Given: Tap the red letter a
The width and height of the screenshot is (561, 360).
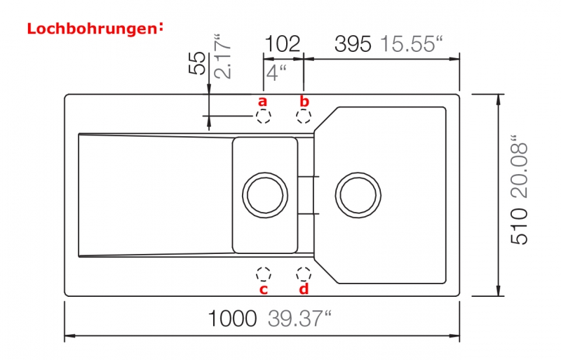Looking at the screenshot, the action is pyautogui.click(x=262, y=101).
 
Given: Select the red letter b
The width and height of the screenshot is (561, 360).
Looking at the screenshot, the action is pyautogui.click(x=304, y=101).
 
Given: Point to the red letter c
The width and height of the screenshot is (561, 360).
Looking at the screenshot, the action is pyautogui.click(x=264, y=289).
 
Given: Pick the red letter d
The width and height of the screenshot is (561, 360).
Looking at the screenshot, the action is pyautogui.click(x=304, y=288).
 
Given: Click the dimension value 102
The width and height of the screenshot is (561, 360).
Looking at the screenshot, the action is pyautogui.click(x=283, y=44).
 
